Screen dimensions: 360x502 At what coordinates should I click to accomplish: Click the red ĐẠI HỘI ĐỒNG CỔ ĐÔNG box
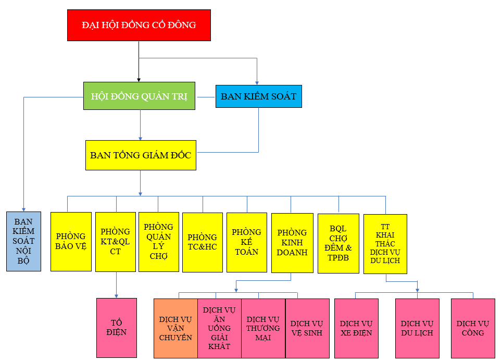139,25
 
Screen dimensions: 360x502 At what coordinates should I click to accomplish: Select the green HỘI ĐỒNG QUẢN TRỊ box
139,96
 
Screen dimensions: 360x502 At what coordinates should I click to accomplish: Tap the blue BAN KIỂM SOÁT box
258,96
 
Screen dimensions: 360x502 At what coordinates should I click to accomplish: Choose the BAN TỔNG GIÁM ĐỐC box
141,155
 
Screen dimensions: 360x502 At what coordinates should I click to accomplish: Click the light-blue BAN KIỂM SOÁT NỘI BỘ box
23,241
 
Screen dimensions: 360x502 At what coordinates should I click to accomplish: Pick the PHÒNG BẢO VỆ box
71,241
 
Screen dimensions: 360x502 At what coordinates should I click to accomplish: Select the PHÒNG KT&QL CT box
116,241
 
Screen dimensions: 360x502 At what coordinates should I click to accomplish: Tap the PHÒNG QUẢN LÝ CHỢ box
158,241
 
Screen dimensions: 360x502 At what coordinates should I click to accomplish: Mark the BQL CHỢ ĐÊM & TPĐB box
338,243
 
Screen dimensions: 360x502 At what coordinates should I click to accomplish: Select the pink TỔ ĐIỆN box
117,328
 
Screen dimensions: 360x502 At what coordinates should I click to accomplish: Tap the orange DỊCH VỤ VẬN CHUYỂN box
175,328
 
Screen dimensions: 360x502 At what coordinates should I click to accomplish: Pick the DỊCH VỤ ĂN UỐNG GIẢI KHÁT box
219,328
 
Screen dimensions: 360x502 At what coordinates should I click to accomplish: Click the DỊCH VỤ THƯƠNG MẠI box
263,328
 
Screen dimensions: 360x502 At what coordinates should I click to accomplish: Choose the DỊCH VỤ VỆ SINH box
307,328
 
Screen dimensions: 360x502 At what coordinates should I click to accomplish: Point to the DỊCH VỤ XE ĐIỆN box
356,328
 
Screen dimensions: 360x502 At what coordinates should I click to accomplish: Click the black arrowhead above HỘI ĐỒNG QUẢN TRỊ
139,79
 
